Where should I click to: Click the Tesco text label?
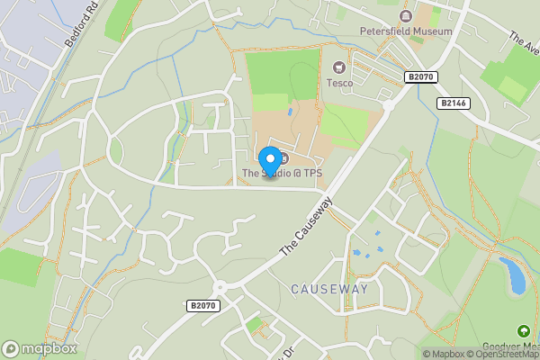pyautogui.click(x=339, y=83)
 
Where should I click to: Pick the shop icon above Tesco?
pyautogui.click(x=339, y=67)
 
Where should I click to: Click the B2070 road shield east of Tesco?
pyautogui.click(x=419, y=78)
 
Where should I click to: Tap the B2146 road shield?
pyautogui.click(x=454, y=103)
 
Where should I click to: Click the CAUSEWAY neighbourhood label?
pyautogui.click(x=329, y=289)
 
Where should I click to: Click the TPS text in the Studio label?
pyautogui.click(x=311, y=173)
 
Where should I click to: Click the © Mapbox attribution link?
pyautogui.click(x=444, y=354)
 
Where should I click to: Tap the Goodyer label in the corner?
pyautogui.click(x=522, y=347)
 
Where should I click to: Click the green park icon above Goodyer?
pyautogui.click(x=523, y=331)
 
